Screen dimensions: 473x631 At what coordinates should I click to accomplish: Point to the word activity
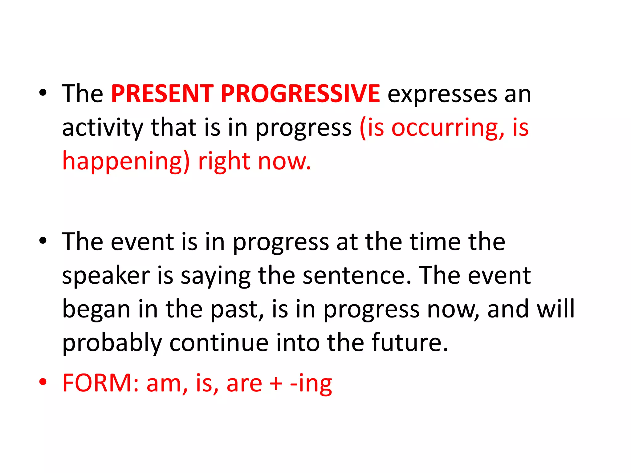click(x=103, y=128)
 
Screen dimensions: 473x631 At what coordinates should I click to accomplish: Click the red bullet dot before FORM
click(x=43, y=382)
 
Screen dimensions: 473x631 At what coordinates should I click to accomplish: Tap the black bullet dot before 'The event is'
click(x=43, y=241)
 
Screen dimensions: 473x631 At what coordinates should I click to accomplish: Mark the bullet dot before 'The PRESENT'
click(x=43, y=92)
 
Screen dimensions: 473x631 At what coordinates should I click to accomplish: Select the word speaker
click(x=106, y=276)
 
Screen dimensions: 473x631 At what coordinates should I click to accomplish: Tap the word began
click(x=96, y=309)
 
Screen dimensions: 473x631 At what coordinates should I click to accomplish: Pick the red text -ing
click(x=311, y=383)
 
